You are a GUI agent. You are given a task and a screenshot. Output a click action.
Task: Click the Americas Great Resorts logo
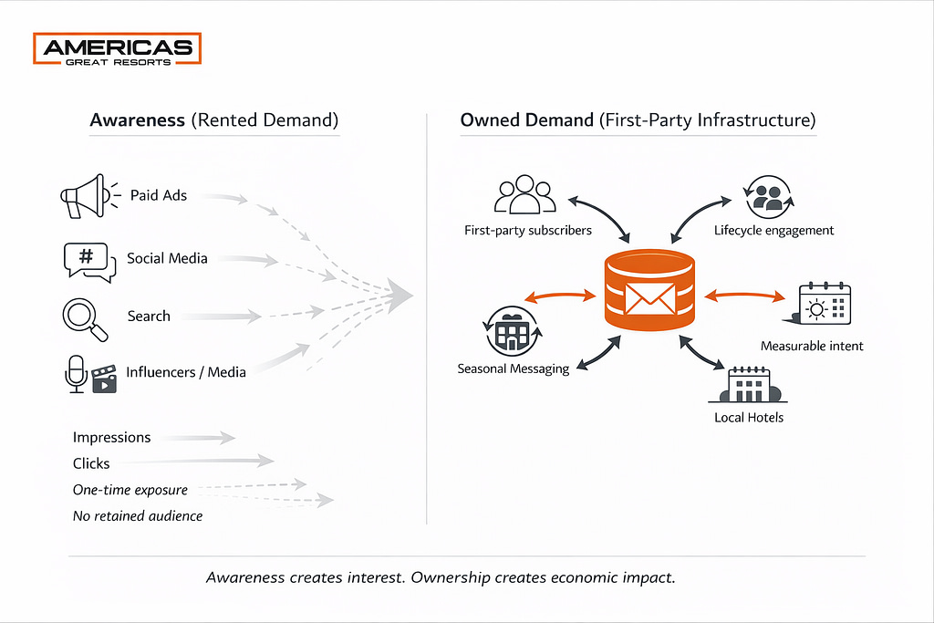(x=117, y=49)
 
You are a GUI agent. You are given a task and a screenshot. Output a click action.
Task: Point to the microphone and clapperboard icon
(x=91, y=374)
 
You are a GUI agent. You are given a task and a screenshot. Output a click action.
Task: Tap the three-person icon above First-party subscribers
(x=524, y=195)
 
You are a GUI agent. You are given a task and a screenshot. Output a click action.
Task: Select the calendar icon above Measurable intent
(x=823, y=304)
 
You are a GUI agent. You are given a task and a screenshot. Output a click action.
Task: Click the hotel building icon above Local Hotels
(x=748, y=386)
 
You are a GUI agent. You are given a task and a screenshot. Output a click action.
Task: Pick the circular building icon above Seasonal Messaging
(x=513, y=332)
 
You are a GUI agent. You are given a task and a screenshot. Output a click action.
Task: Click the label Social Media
(x=167, y=258)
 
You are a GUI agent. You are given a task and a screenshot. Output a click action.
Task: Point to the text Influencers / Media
(x=186, y=371)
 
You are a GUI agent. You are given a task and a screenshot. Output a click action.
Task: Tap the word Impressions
(x=111, y=438)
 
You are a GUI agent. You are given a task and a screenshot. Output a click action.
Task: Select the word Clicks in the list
(x=91, y=463)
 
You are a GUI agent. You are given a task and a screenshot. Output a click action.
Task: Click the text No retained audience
(x=138, y=516)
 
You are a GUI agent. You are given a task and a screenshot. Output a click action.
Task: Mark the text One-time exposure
(x=130, y=490)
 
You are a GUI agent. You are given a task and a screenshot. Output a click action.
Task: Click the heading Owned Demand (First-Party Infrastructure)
(x=638, y=120)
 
